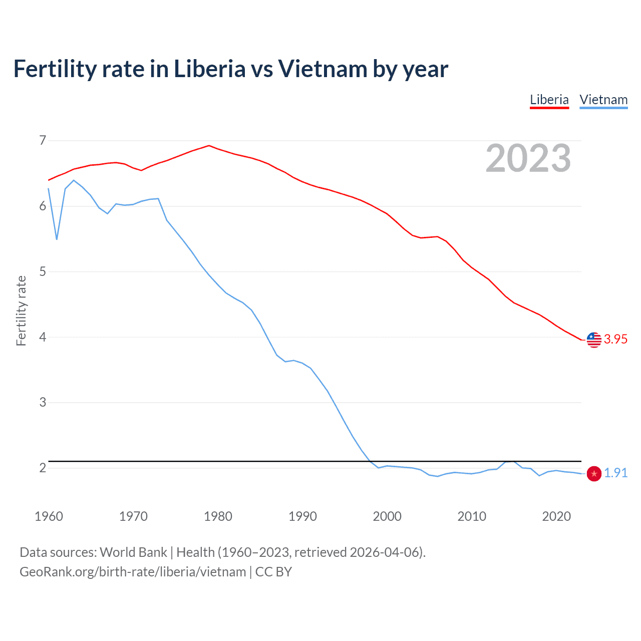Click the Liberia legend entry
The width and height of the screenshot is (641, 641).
click(x=549, y=100)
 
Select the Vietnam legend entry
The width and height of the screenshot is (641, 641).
click(x=603, y=100)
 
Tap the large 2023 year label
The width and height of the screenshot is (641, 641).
click(x=528, y=158)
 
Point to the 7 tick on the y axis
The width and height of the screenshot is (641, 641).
click(x=43, y=140)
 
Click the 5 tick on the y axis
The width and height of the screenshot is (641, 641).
click(x=43, y=271)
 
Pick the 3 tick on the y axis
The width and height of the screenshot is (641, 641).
click(x=43, y=402)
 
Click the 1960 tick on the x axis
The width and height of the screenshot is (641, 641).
click(x=49, y=516)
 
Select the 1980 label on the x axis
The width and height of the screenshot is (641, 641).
click(x=218, y=516)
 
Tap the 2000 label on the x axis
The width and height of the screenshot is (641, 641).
click(x=387, y=516)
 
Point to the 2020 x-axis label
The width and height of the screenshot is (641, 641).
click(x=556, y=516)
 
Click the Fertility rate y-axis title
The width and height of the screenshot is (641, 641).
click(x=21, y=310)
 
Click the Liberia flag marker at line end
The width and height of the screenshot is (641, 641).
click(x=594, y=340)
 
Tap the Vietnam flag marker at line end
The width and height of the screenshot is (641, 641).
click(x=594, y=473)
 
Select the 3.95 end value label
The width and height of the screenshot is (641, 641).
click(x=615, y=339)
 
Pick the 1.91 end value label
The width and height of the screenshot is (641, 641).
click(x=615, y=473)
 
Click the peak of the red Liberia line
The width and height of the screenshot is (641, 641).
click(x=209, y=146)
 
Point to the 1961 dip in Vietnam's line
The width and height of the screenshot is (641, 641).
click(x=57, y=239)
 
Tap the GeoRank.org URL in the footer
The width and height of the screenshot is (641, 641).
click(x=133, y=572)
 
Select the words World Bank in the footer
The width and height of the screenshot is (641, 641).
click(x=133, y=552)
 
